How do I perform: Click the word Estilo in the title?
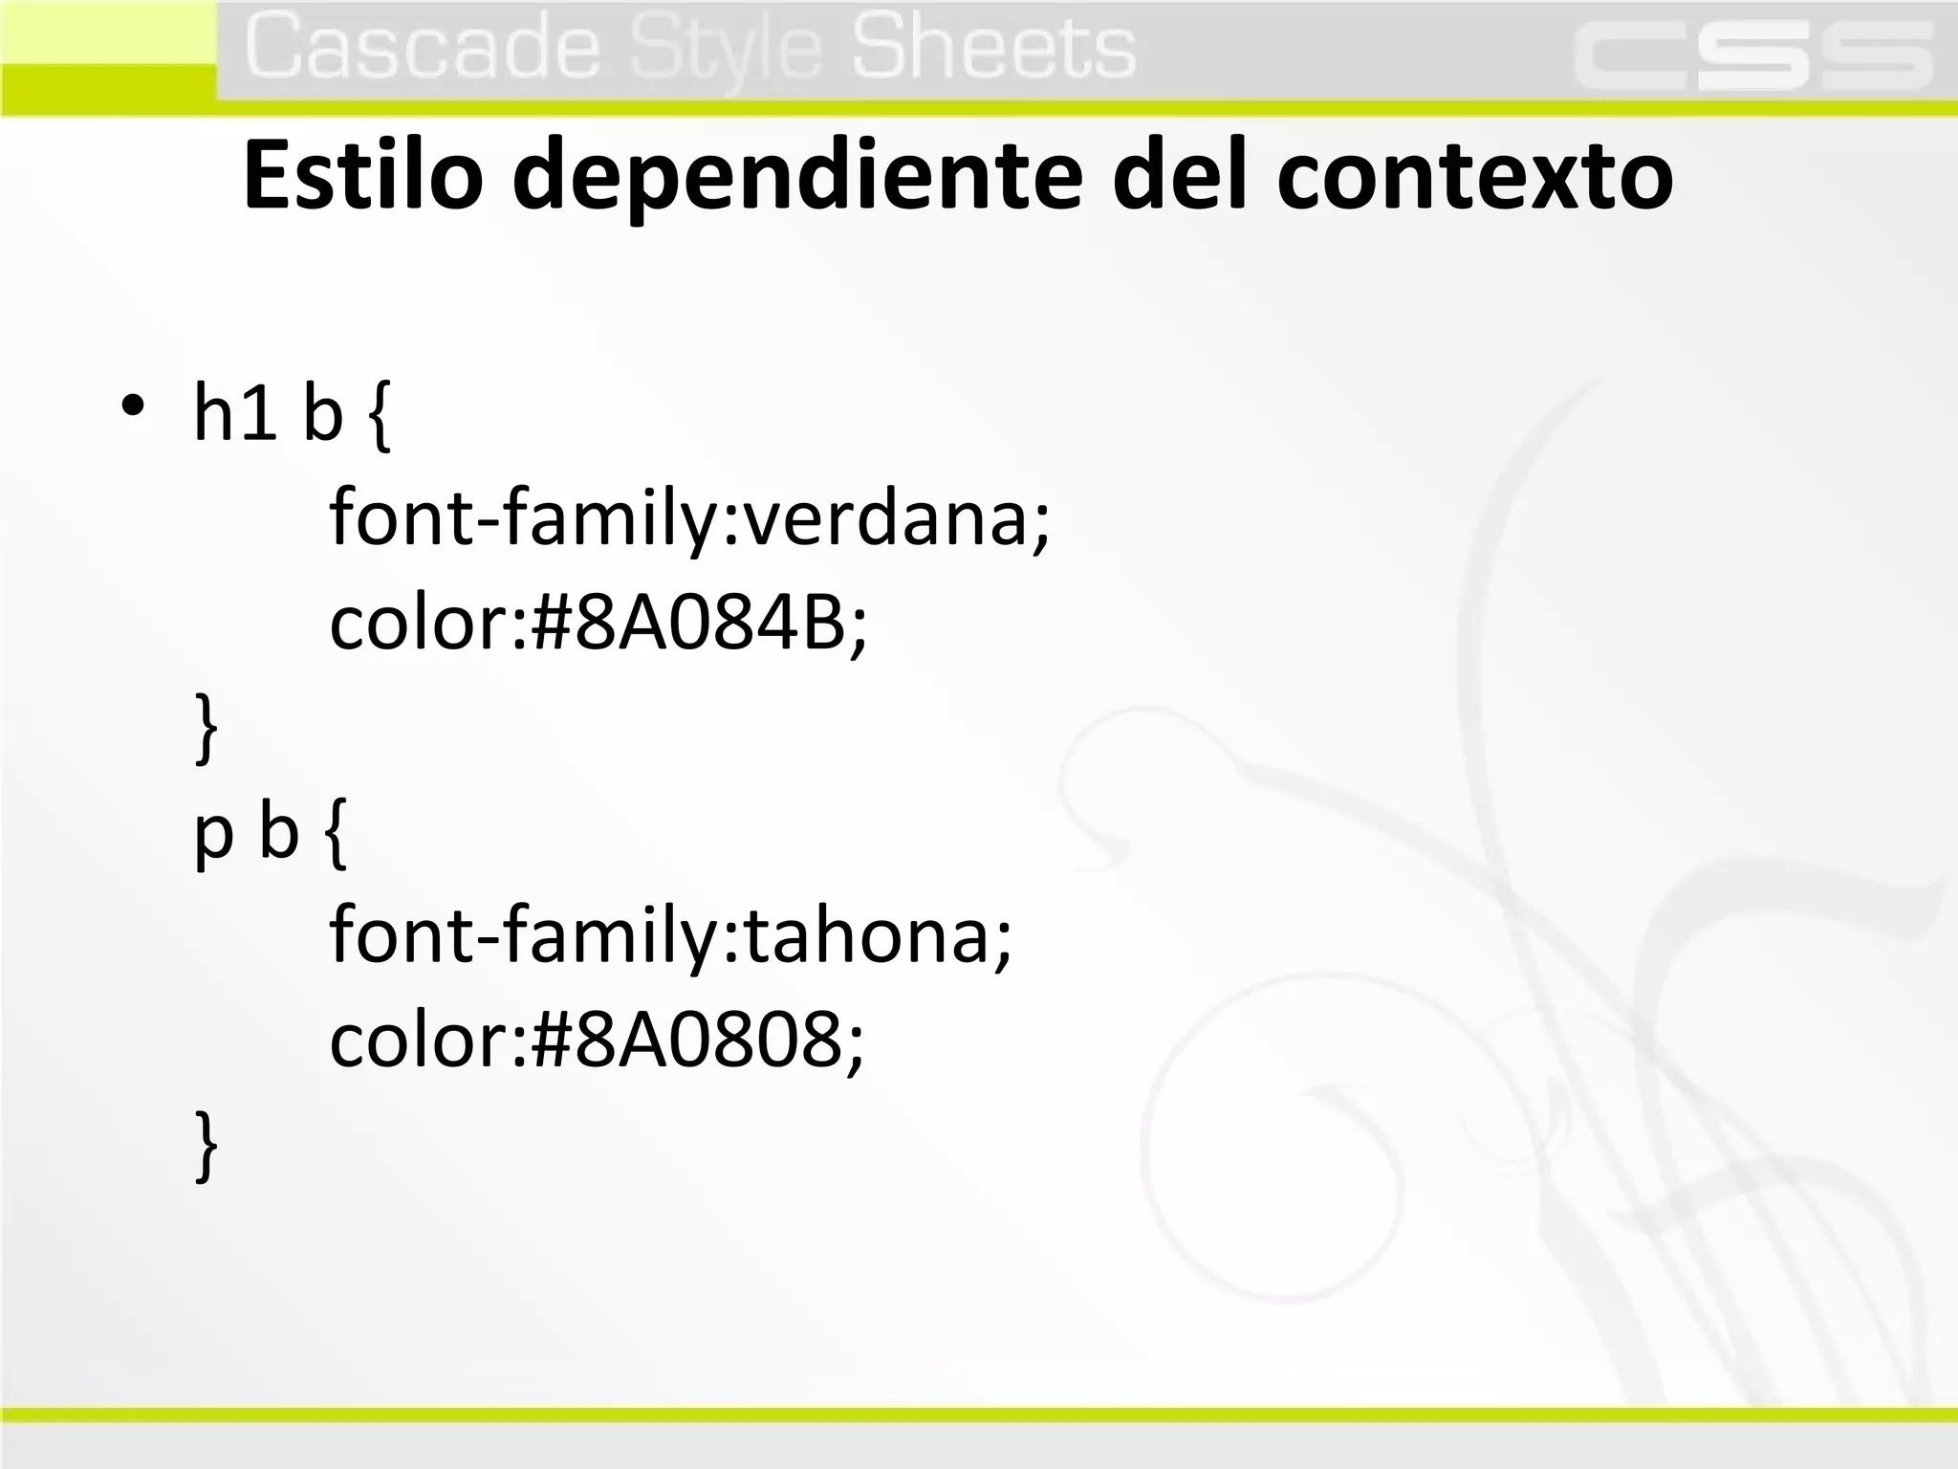pos(362,176)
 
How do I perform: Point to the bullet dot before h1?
pos(133,406)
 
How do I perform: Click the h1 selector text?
pos(235,412)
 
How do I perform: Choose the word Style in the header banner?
pos(726,50)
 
